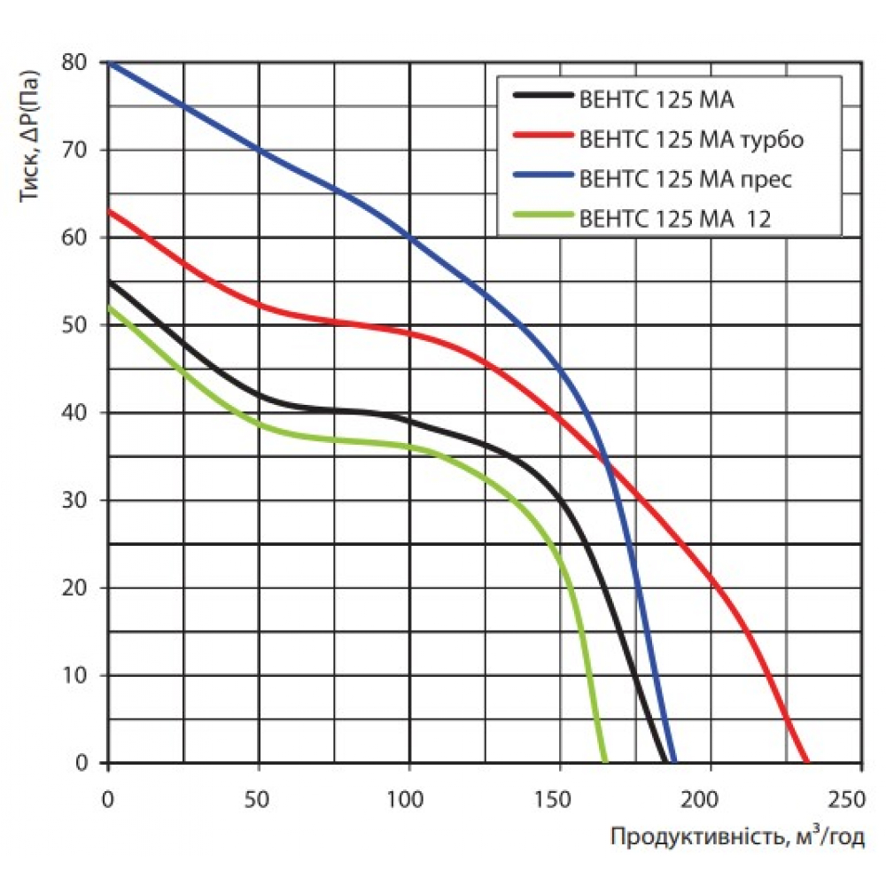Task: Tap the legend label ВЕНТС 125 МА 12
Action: (x=674, y=218)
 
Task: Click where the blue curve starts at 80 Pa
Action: (x=109, y=63)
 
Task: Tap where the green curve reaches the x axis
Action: (x=606, y=761)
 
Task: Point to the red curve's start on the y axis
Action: (x=109, y=211)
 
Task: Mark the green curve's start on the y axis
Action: (x=109, y=307)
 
